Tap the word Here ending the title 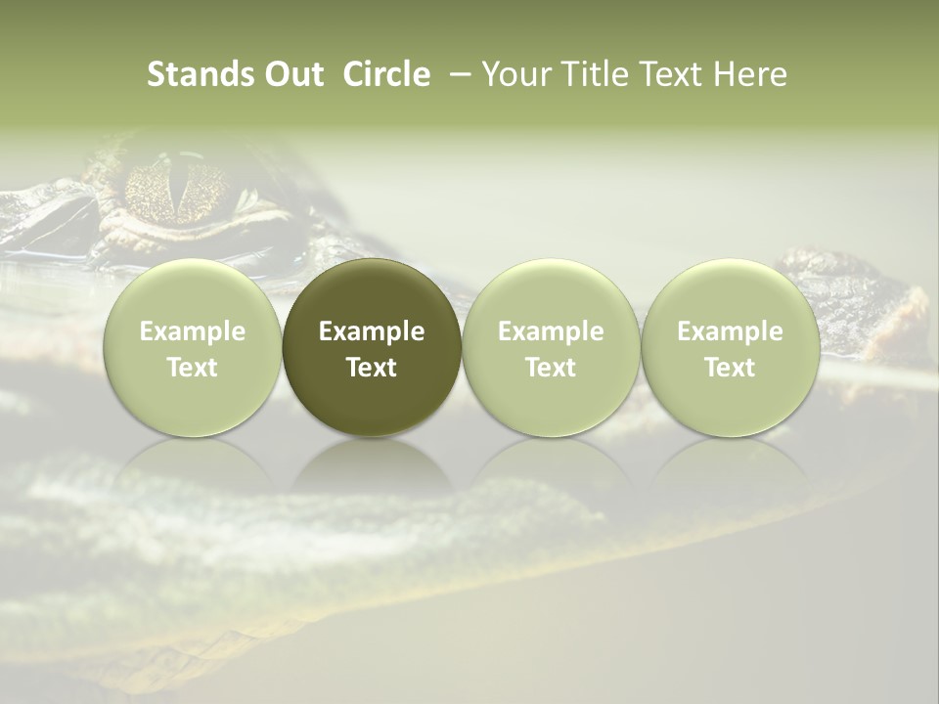(x=750, y=74)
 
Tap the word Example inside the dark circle (x=372, y=331)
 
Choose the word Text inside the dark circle (x=372, y=368)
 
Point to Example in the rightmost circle (x=731, y=331)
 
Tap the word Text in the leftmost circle (x=192, y=368)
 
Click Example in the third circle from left (x=551, y=331)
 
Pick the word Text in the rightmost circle (x=731, y=368)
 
